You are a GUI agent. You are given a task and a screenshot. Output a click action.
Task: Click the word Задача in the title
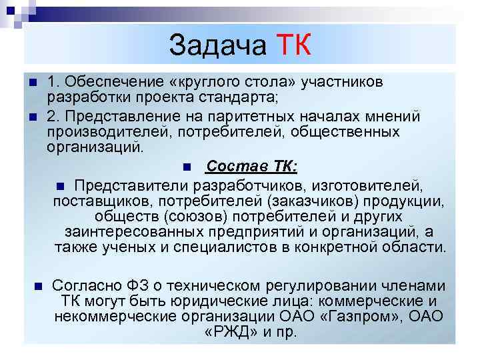point(217,45)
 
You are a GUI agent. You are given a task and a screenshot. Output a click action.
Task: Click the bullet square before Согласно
point(37,285)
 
